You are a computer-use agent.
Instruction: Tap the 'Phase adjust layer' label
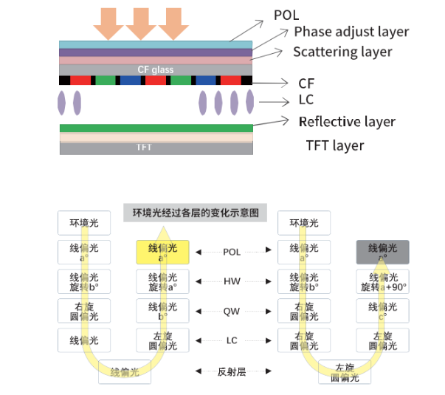pyautogui.click(x=351, y=32)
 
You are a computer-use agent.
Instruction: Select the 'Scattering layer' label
pyautogui.click(x=342, y=52)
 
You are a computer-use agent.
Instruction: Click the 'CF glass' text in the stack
pyautogui.click(x=156, y=69)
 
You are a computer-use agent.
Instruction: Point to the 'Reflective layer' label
pyautogui.click(x=347, y=122)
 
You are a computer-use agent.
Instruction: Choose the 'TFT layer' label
pyautogui.click(x=334, y=145)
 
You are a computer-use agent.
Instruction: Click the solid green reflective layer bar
pyautogui.click(x=156, y=128)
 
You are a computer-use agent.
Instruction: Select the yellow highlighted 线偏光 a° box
pyautogui.click(x=162, y=252)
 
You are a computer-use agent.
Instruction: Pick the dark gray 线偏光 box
pyautogui.click(x=382, y=252)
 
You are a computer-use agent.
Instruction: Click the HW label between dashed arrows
pyautogui.click(x=232, y=282)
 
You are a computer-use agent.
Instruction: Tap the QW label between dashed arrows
pyautogui.click(x=232, y=312)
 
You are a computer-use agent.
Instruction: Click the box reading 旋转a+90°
pyautogui.click(x=382, y=281)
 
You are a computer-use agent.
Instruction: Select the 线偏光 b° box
pyautogui.click(x=162, y=311)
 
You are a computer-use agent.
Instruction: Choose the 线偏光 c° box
pyautogui.click(x=382, y=311)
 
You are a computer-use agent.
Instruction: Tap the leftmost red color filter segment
pyautogui.click(x=81, y=80)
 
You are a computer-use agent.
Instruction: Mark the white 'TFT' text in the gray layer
pyautogui.click(x=145, y=148)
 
